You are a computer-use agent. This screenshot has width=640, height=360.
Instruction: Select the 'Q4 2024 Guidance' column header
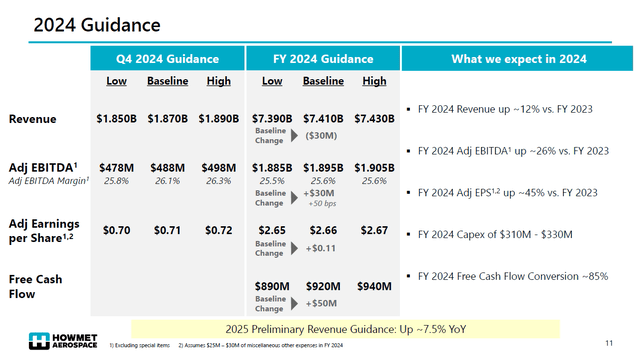167,59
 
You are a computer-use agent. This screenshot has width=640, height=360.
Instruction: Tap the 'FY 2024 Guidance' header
324,59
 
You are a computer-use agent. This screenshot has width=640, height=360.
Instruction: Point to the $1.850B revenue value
117,119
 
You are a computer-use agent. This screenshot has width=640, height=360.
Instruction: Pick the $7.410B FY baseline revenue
324,119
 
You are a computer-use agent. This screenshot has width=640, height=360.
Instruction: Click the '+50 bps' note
322,203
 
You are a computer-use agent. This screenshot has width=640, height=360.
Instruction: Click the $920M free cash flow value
324,286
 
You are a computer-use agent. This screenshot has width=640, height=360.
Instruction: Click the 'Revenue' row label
33,119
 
